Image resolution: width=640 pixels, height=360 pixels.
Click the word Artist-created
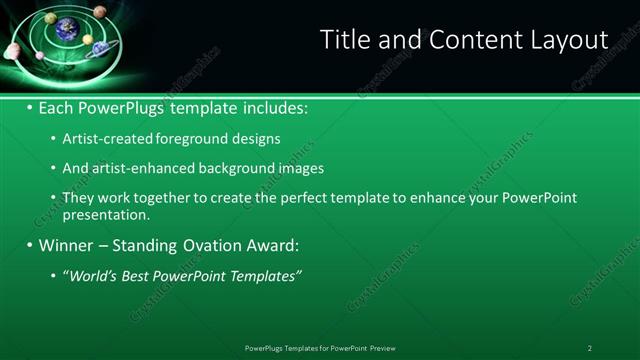(x=101, y=140)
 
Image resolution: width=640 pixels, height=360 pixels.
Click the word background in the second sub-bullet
(x=228, y=168)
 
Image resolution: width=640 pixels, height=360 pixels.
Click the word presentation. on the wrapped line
(x=106, y=215)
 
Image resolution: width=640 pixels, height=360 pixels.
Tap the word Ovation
(x=204, y=245)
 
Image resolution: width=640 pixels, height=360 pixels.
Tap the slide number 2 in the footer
(x=590, y=348)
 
